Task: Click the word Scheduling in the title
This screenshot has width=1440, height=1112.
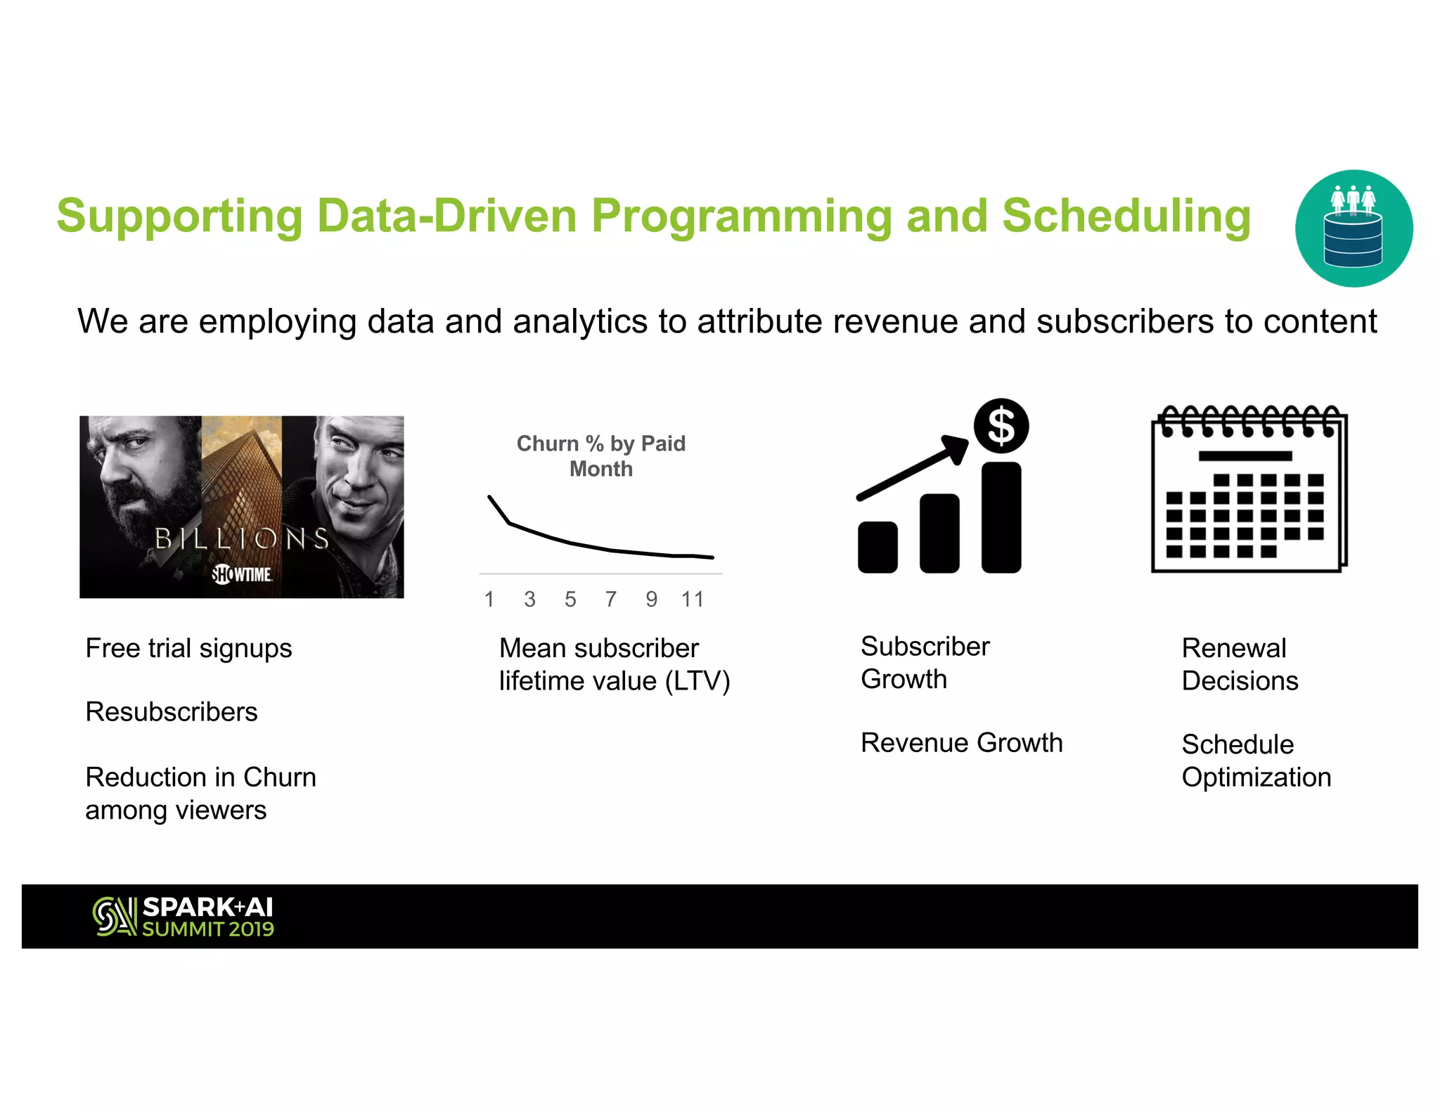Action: coord(1126,216)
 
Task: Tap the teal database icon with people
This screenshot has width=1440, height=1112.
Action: coord(1354,228)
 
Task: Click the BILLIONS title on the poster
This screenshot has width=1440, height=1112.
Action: coord(242,539)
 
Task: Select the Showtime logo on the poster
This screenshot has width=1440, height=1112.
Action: coord(242,574)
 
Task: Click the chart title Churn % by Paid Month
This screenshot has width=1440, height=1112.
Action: coord(600,455)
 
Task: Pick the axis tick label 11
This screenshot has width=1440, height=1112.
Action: coord(692,600)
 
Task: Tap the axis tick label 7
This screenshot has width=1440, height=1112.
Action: coord(610,600)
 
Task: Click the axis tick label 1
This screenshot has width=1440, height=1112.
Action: coord(489,600)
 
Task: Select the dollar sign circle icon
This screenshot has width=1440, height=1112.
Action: coord(1001,426)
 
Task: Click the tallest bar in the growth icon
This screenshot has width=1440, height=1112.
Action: coord(1001,517)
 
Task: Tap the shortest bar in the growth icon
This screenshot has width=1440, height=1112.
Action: coord(877,547)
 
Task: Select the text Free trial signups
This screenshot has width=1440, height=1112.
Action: coord(188,648)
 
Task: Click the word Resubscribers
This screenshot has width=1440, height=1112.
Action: coord(172,712)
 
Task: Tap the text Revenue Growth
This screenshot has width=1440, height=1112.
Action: coord(961,743)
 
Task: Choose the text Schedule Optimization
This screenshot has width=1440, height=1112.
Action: coord(1256,761)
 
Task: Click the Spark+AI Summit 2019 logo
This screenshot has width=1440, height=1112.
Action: coord(184,917)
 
